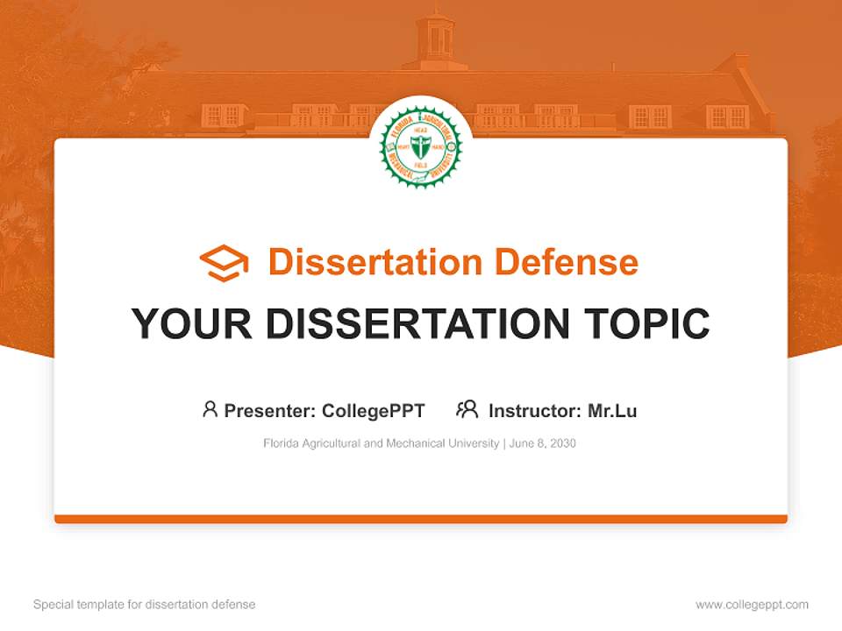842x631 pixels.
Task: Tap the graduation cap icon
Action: [x=224, y=263]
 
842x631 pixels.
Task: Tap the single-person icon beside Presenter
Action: [x=210, y=409]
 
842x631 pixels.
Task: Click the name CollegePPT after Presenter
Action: [x=374, y=410]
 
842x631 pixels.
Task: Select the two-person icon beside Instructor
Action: [x=467, y=409]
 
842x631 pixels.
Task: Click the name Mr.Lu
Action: [x=612, y=410]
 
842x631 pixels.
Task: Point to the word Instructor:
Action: [x=534, y=410]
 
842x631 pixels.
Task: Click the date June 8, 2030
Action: [x=542, y=443]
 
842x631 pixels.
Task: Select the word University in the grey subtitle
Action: [x=472, y=443]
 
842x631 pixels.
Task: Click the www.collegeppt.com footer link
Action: [x=752, y=605]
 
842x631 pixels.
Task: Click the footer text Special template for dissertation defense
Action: [x=145, y=605]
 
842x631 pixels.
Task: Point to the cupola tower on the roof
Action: [x=435, y=39]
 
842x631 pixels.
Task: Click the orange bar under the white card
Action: [x=420, y=519]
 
